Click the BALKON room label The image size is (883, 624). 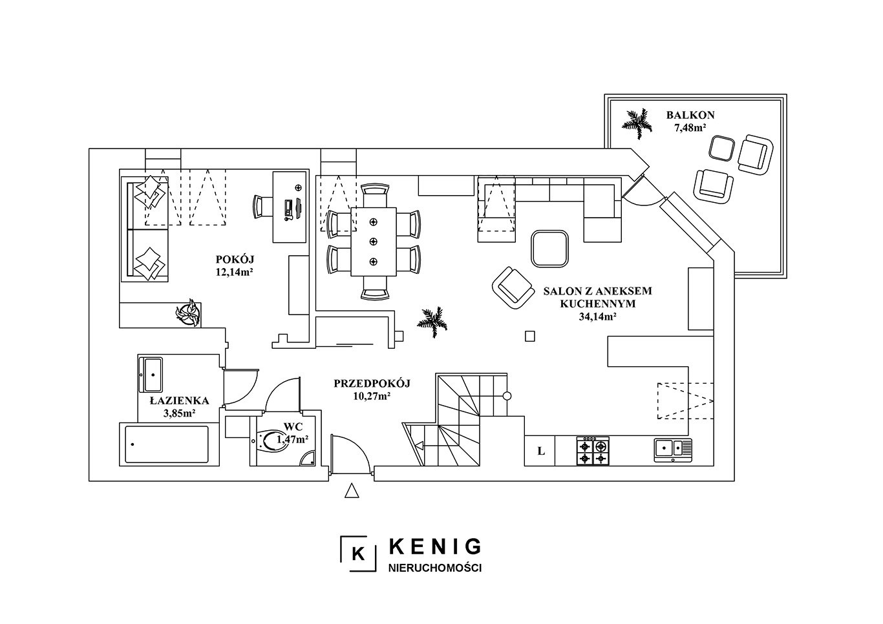tap(690, 115)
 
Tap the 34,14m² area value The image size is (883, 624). tap(597, 317)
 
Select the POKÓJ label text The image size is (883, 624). tap(235, 259)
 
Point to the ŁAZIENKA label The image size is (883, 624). tap(179, 401)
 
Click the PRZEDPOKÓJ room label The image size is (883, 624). tap(372, 383)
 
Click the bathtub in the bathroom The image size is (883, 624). tap(167, 444)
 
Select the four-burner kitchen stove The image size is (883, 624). tap(593, 451)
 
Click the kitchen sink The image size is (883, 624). tap(674, 450)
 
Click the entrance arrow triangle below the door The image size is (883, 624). tap(352, 491)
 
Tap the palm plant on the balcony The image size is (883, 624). tap(637, 123)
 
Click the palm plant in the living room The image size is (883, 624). tap(432, 322)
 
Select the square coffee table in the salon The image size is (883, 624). tap(549, 249)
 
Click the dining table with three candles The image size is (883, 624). tap(374, 242)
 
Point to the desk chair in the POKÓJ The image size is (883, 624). tap(262, 207)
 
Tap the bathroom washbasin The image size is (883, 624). tap(151, 374)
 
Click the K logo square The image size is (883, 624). tap(358, 554)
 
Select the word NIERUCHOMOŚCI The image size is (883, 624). tap(435, 568)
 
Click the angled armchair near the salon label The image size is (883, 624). tap(513, 287)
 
